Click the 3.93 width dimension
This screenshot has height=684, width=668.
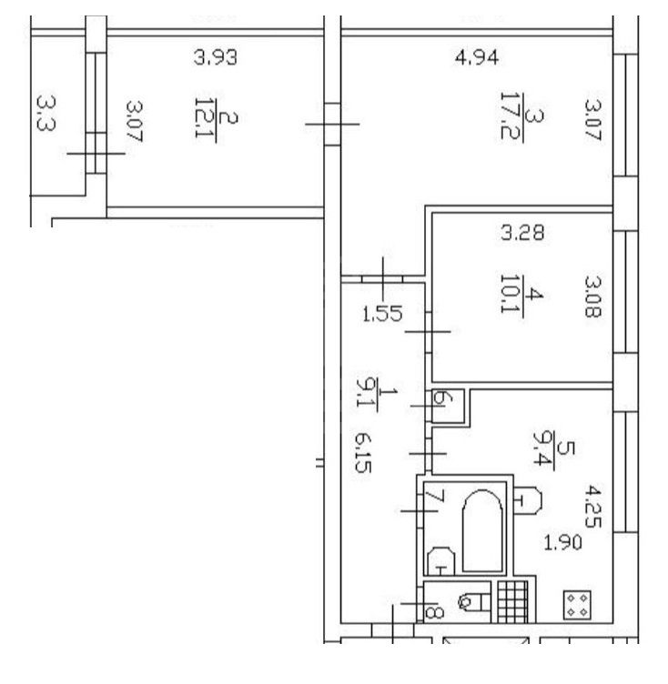[x=216, y=57]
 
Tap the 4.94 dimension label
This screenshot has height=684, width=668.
[x=477, y=57]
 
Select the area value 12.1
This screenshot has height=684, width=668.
[x=203, y=117]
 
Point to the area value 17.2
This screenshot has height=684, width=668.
[x=509, y=116]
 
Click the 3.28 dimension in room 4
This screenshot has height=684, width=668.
[x=522, y=233]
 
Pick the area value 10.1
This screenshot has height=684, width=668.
[x=508, y=294]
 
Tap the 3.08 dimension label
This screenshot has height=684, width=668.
[x=592, y=297]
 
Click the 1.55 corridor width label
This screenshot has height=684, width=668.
[x=382, y=314]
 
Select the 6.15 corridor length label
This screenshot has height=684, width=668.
[x=363, y=453]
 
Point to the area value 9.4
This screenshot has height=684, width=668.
[x=542, y=449]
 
